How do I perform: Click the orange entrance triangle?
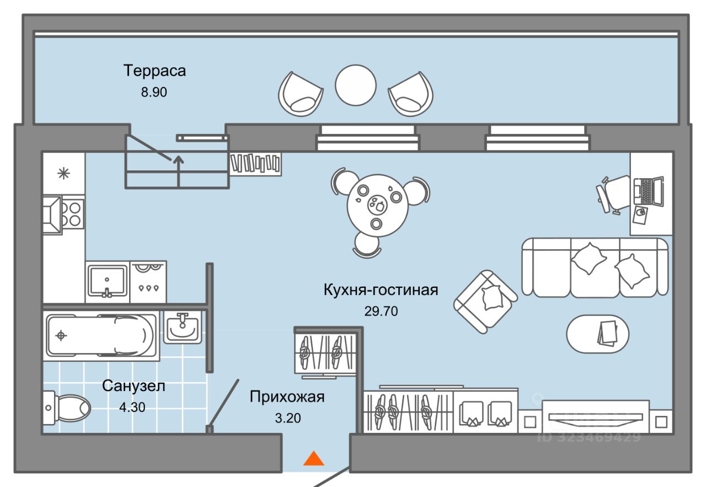pos(314,459)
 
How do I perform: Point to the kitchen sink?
pos(108,281)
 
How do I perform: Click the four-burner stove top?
pos(72,213)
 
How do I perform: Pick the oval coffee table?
pos(598,334)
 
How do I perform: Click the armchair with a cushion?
pos(485,301)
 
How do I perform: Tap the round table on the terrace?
pos(356,85)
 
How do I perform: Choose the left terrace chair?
pos(300,94)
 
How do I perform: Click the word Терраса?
pos(154,71)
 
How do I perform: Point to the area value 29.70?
pos(381,311)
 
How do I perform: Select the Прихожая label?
pos(287,397)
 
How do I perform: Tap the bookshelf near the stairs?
pos(256,163)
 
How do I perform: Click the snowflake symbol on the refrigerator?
pos(64,173)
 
